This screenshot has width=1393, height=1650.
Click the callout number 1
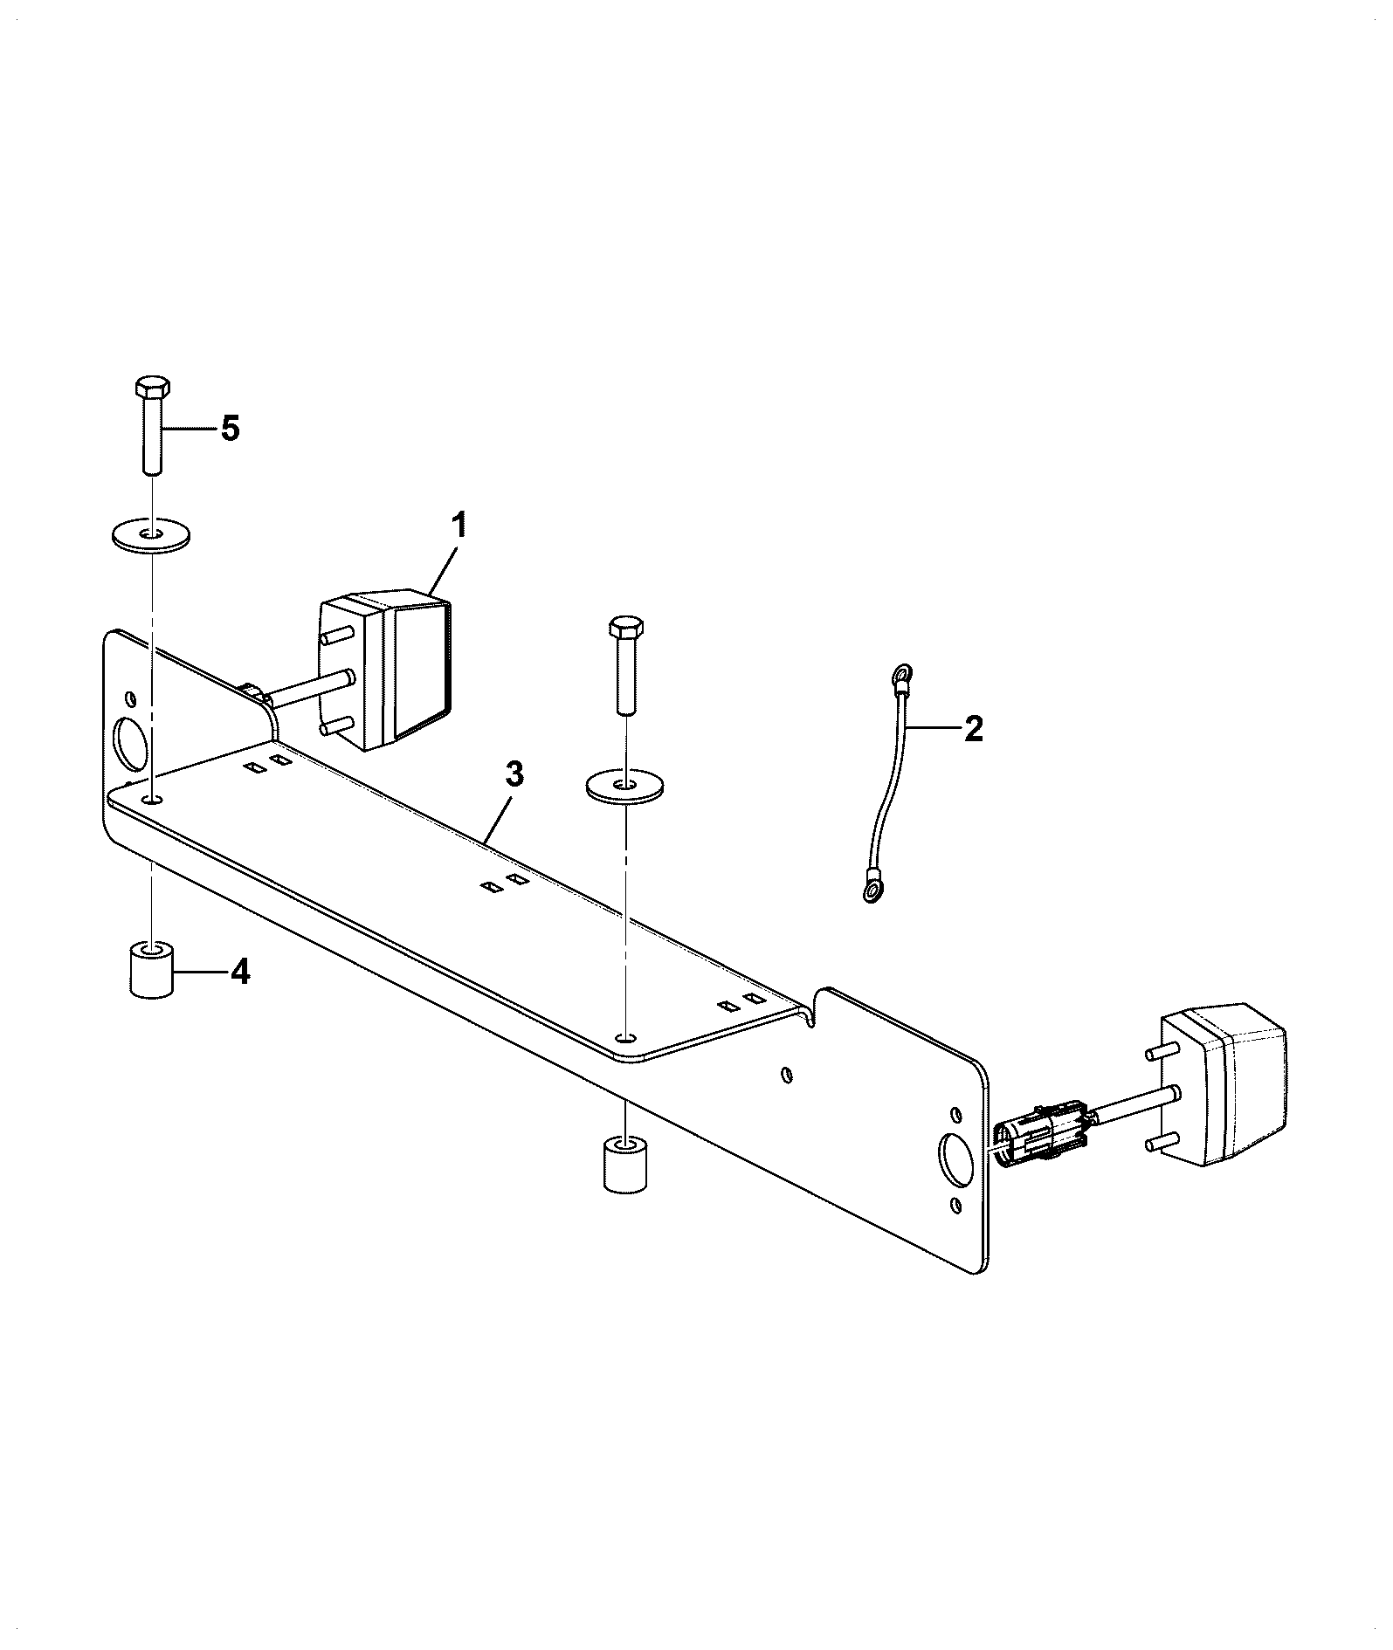[x=459, y=527]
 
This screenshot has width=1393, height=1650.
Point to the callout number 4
[x=239, y=971]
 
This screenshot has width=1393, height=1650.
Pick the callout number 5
[x=230, y=429]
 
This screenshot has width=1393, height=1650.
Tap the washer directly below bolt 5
[x=153, y=534]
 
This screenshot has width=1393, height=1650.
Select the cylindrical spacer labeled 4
[x=152, y=969]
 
